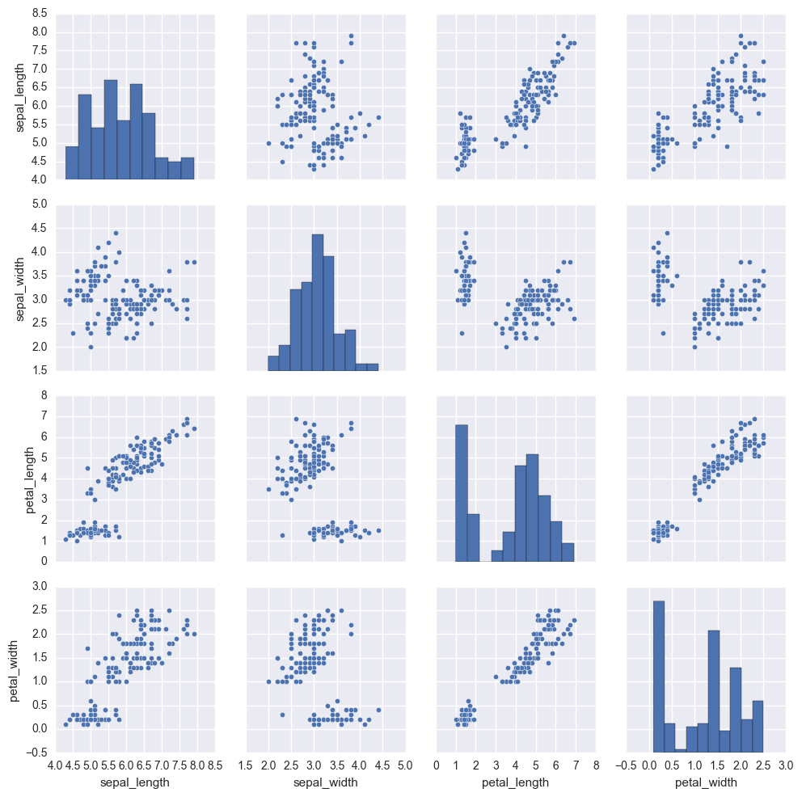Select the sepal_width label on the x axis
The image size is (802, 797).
tap(325, 782)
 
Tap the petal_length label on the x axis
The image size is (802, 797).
tap(516, 782)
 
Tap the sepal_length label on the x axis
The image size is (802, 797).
tap(135, 782)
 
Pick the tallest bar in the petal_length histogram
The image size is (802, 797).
tap(462, 492)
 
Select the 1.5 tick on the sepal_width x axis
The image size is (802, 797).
tap(246, 764)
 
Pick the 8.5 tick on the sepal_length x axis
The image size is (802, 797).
tap(214, 764)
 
